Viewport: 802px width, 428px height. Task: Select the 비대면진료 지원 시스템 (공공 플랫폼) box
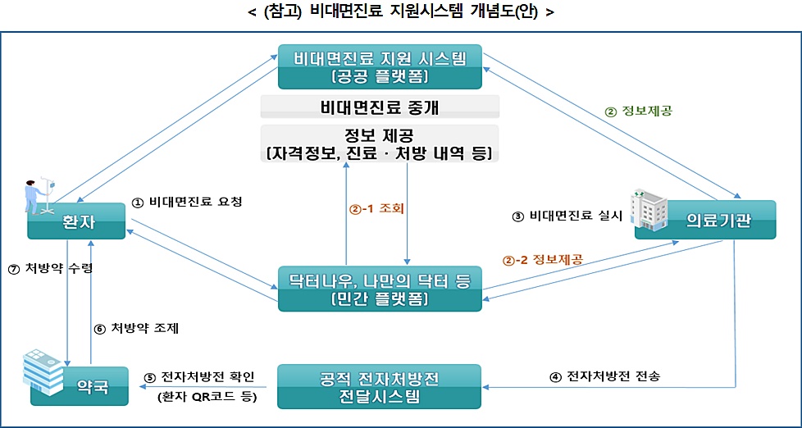380,66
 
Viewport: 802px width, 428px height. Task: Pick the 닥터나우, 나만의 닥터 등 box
380,289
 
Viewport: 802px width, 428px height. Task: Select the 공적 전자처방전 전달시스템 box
380,387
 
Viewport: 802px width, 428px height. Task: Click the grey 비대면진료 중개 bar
380,107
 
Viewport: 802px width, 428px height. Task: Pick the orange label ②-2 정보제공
542,260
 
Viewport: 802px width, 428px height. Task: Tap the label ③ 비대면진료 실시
567,216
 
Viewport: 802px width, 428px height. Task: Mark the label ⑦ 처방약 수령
45,268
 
